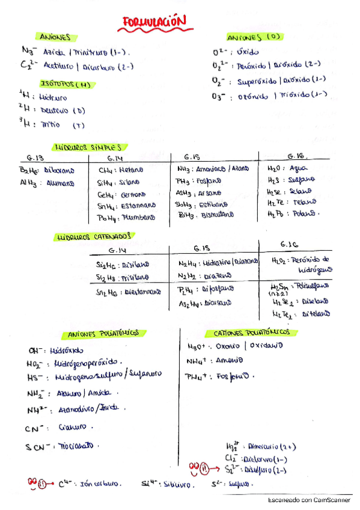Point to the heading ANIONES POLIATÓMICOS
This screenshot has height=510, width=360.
click(104, 333)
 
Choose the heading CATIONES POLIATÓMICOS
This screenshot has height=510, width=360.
click(252, 332)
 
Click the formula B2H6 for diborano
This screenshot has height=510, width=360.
click(29, 170)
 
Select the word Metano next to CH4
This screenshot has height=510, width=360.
click(129, 170)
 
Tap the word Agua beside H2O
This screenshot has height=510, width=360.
click(298, 169)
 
